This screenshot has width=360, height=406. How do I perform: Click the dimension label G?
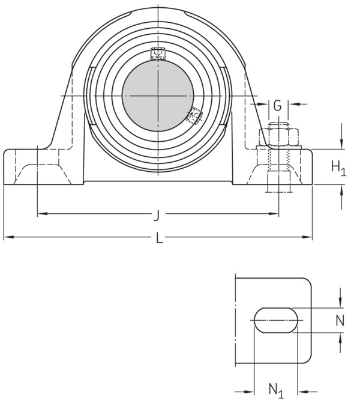[x=277, y=105]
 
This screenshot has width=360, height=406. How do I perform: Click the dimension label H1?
[x=338, y=168]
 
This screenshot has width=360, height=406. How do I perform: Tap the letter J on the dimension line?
[x=156, y=216]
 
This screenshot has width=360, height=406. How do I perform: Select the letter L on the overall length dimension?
[x=160, y=238]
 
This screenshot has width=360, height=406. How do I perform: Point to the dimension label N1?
[x=276, y=391]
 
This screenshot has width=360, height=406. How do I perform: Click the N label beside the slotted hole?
[x=340, y=321]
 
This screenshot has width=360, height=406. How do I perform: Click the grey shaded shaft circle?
[x=158, y=96]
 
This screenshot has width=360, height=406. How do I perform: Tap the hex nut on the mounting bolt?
[x=279, y=137]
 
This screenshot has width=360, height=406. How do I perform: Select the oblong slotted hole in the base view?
[x=276, y=320]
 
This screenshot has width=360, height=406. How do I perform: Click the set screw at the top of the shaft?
[x=158, y=53]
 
